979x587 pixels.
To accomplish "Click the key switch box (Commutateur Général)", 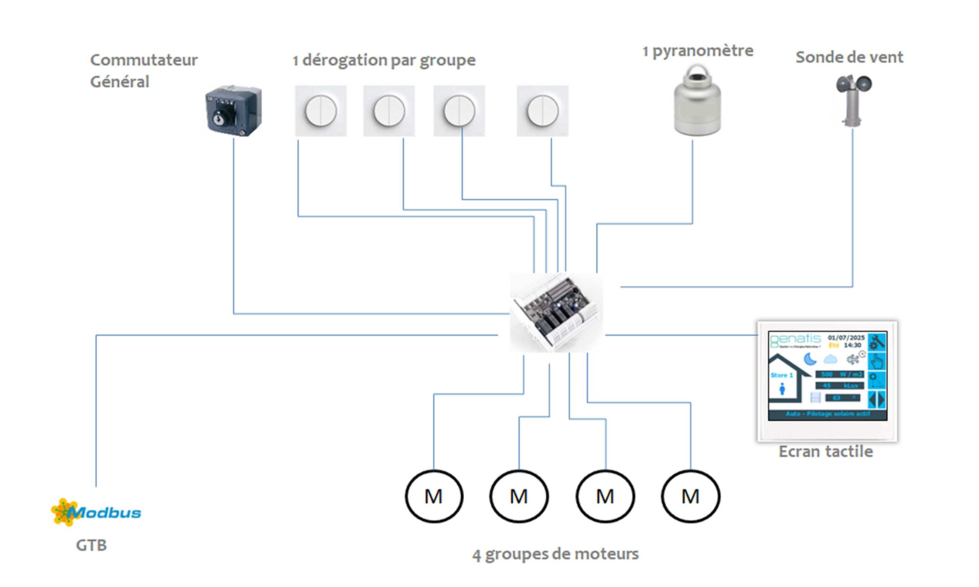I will pos(234,110).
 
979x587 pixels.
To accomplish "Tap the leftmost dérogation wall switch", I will pos(320,111).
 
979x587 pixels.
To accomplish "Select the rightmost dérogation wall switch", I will pos(543,111).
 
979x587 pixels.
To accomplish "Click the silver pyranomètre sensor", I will pos(697,101).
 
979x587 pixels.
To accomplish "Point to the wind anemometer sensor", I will pos(853,99).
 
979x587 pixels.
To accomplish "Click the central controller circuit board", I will pos(556,313).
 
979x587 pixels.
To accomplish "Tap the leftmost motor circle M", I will pos(434,496).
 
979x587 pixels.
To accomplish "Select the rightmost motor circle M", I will pos(691,496).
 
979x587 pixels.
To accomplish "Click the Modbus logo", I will pos(96,512).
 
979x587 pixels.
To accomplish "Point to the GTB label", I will pos(91,545).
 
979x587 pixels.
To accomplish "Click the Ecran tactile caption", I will pos(826,452).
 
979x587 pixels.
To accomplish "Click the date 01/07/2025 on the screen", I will pos(846,338).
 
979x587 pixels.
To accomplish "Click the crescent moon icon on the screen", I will pos(810,359).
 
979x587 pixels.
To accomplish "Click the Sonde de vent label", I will pos(849,57).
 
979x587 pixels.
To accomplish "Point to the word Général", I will pos(119,82).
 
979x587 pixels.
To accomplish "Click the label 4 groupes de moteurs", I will pos(555,554).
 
